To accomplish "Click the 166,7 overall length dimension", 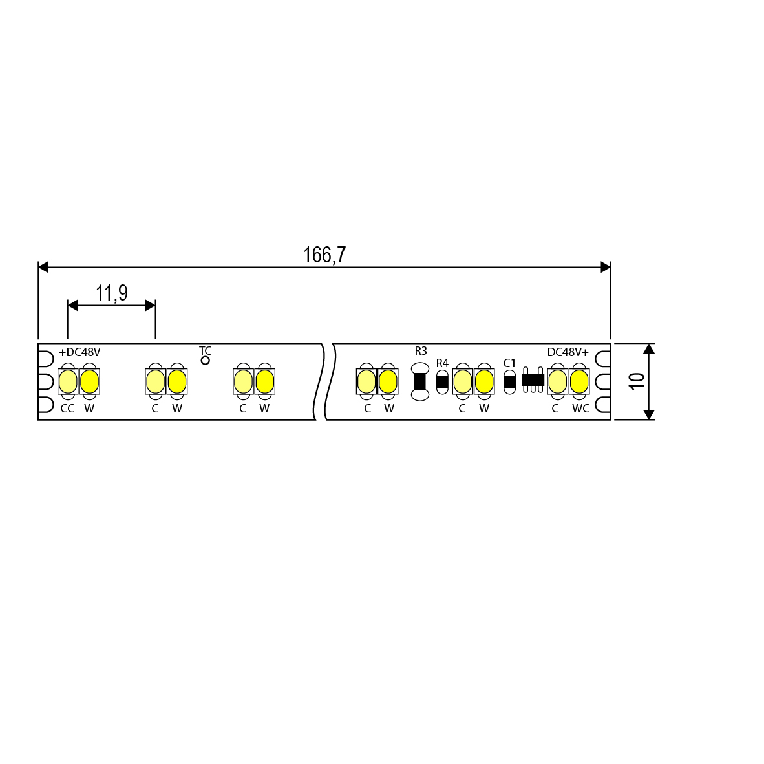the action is point(324,255).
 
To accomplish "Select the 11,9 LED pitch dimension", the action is point(112,293).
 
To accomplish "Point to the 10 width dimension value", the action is point(636,381).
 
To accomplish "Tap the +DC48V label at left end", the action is point(80,352).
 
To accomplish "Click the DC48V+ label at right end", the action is point(568,352).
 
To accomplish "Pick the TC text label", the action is point(205,350).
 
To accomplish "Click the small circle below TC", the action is point(205,361).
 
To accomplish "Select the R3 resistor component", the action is point(420,381).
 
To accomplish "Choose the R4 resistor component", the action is point(442,382).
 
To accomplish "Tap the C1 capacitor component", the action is point(509,382).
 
